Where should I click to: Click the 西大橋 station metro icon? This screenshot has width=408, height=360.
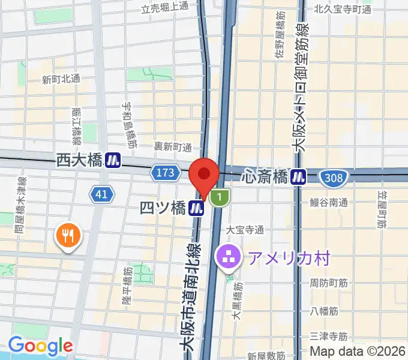[x=112, y=160]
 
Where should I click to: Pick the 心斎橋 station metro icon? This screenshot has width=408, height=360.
[x=298, y=176]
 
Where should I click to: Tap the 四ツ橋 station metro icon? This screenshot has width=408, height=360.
[x=196, y=208]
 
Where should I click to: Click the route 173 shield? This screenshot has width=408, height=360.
[x=166, y=173]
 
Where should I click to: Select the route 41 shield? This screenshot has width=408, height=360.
[x=102, y=193]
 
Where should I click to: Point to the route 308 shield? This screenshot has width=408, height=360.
[x=332, y=177]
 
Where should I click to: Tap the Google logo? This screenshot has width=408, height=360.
[x=40, y=346]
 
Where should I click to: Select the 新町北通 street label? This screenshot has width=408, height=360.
[x=61, y=79]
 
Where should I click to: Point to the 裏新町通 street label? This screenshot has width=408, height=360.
[x=172, y=147]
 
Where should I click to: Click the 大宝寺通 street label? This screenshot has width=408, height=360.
[x=245, y=230]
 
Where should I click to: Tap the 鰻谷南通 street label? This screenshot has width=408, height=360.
[x=329, y=203]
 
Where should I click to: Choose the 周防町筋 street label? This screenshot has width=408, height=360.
[x=329, y=282]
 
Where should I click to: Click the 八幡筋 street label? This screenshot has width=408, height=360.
[x=325, y=311]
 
